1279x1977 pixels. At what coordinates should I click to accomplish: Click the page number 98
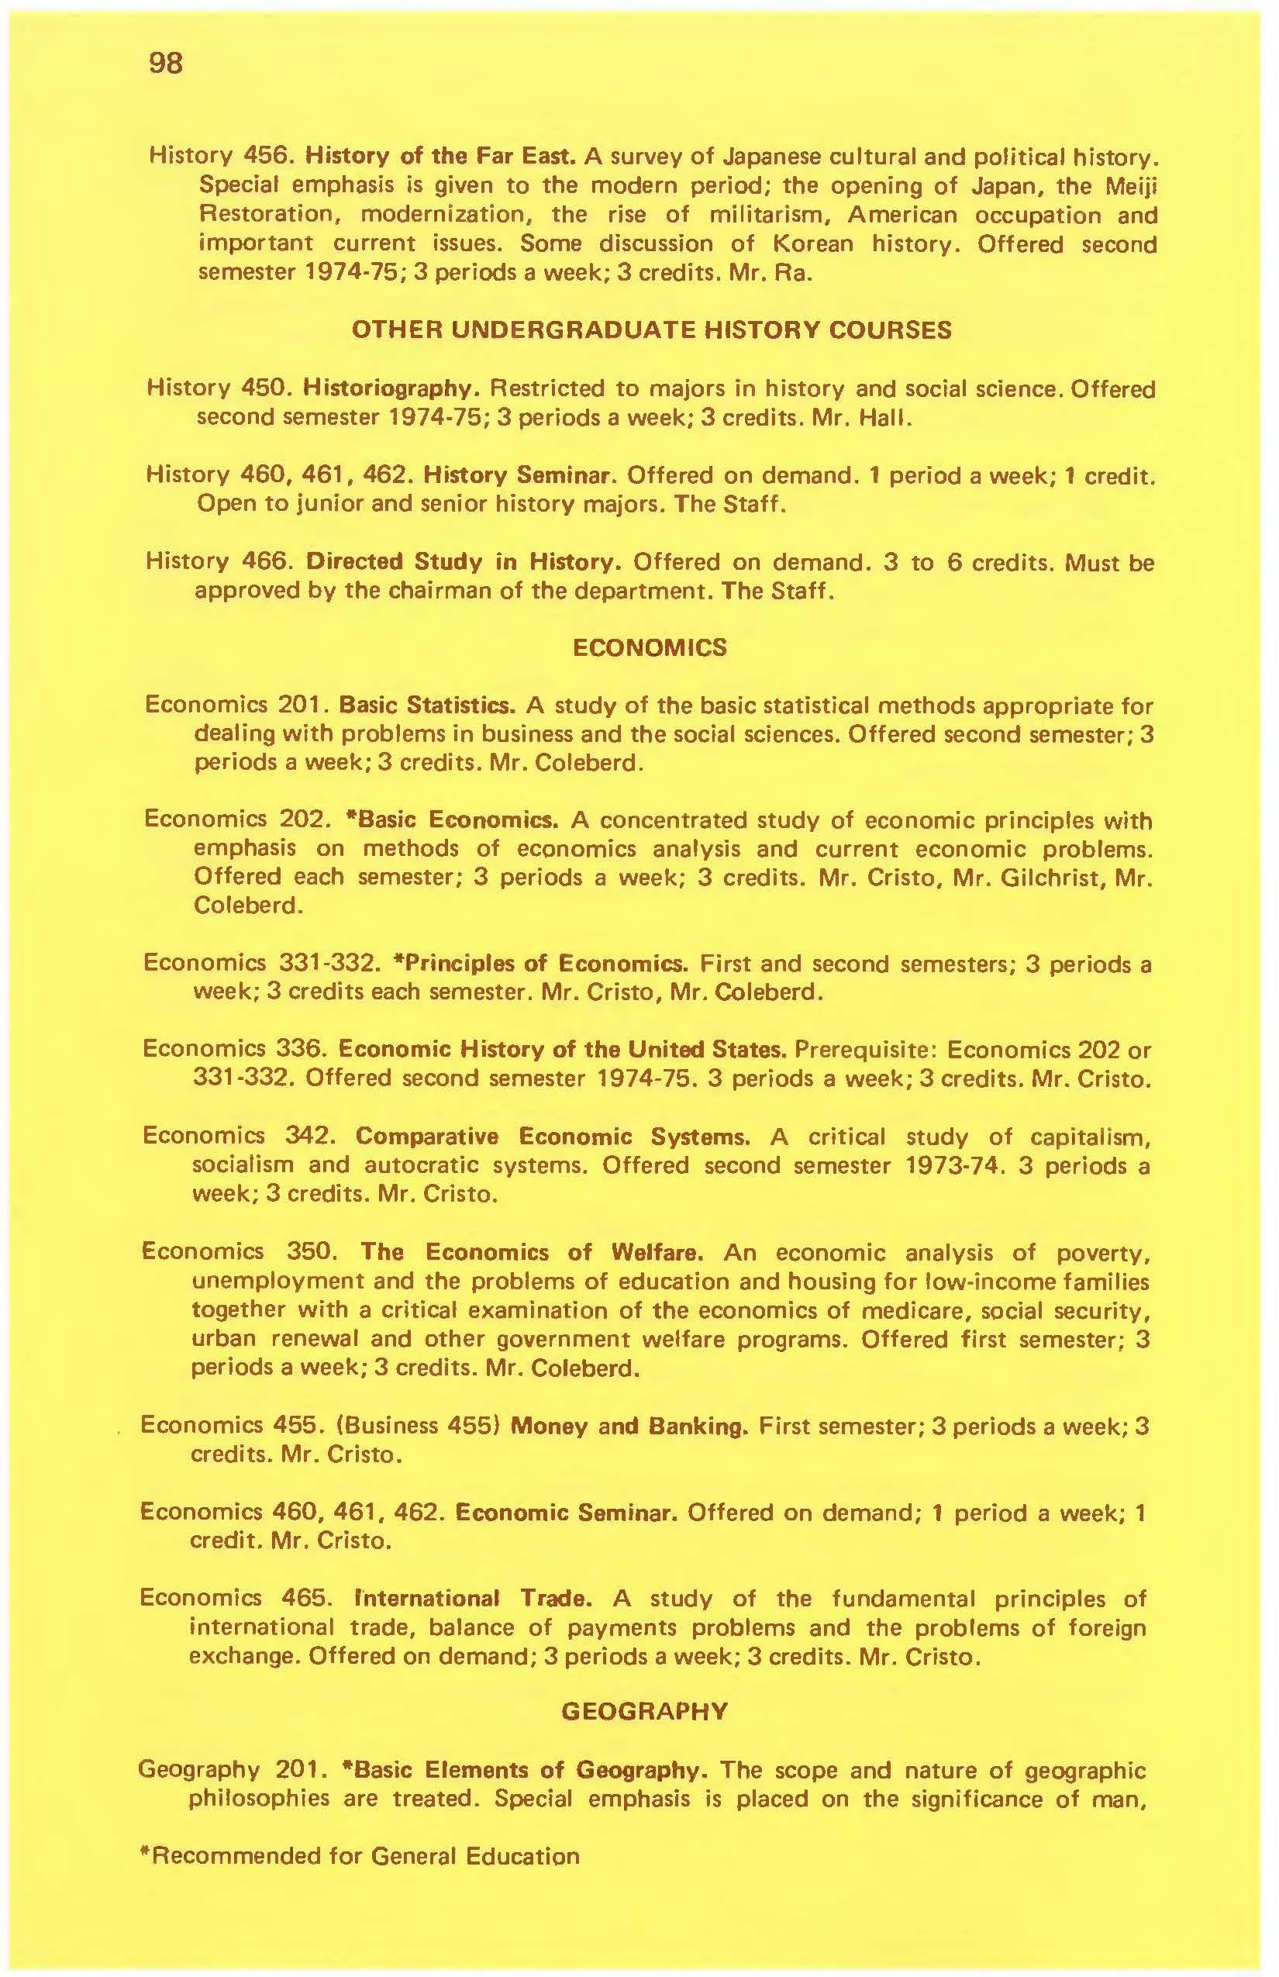click(x=165, y=63)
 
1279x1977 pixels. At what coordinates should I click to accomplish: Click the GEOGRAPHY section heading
click(x=645, y=1711)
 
